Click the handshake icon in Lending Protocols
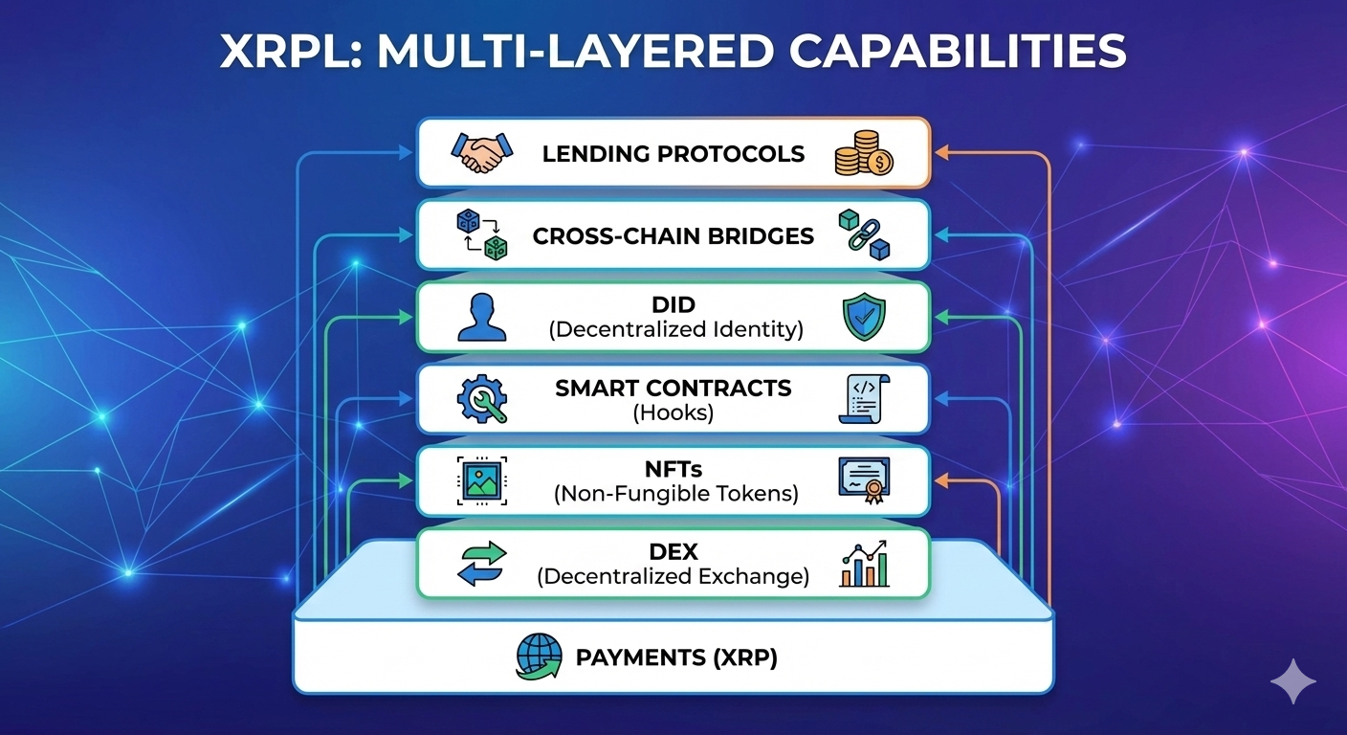(x=481, y=153)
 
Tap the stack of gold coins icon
(x=864, y=153)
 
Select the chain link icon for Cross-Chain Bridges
(x=864, y=234)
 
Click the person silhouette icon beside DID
(x=481, y=318)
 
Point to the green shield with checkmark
(x=864, y=318)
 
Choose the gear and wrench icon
(x=481, y=399)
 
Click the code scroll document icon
(x=864, y=399)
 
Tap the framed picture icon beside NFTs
(x=481, y=481)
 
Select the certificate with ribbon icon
(x=864, y=481)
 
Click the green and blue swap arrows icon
(x=481, y=564)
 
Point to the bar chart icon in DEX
(x=864, y=564)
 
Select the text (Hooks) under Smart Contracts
(x=673, y=412)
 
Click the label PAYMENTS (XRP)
(x=676, y=658)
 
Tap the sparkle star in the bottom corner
(x=1293, y=681)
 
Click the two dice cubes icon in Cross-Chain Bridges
(x=481, y=234)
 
